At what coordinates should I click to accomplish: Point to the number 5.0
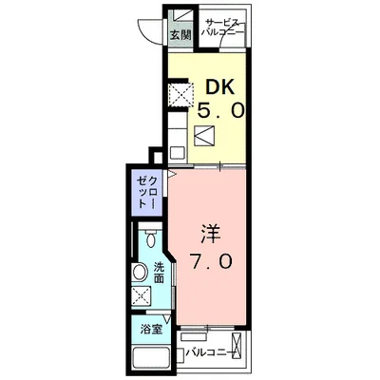coord(221,110)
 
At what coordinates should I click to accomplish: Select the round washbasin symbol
coord(140,273)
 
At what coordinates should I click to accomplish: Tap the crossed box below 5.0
coord(205,136)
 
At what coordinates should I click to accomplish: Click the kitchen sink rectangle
coord(177,150)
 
